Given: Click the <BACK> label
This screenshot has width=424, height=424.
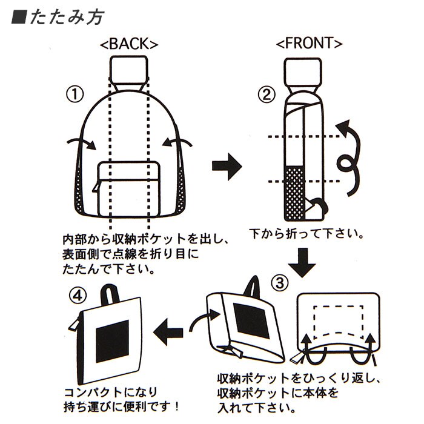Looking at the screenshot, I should pyautogui.click(x=129, y=44).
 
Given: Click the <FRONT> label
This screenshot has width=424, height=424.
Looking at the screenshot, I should pyautogui.click(x=309, y=44).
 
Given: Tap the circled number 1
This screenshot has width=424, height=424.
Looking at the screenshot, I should pyautogui.click(x=74, y=94).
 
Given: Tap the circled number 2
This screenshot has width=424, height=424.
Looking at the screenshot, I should pyautogui.click(x=266, y=94).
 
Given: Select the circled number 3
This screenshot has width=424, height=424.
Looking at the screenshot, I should pyautogui.click(x=280, y=283).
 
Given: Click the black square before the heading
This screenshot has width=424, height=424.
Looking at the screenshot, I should pyautogui.click(x=18, y=17).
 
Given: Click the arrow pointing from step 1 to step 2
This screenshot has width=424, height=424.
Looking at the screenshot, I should pyautogui.click(x=227, y=168).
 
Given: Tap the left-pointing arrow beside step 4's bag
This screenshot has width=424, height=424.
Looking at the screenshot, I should pyautogui.click(x=169, y=332).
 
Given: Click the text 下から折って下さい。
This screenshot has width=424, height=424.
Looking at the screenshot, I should pyautogui.click(x=306, y=233).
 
